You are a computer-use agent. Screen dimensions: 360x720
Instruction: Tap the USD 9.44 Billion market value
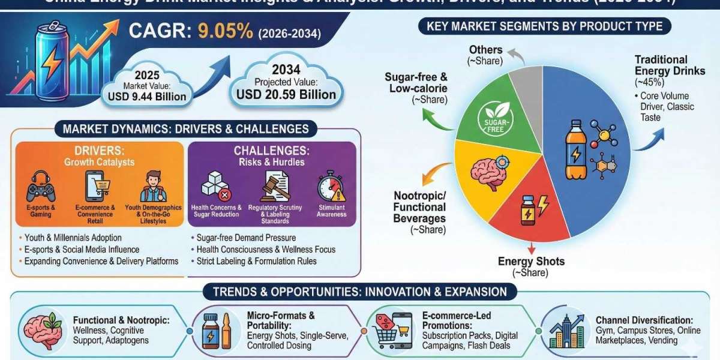(x=147, y=96)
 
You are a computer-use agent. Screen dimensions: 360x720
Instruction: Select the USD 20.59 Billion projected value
(x=286, y=94)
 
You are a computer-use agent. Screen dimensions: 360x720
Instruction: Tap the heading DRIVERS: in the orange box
(x=98, y=149)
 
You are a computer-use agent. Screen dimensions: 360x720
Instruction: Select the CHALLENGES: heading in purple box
(x=271, y=150)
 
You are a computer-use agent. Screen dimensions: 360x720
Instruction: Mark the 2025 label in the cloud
(x=147, y=76)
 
